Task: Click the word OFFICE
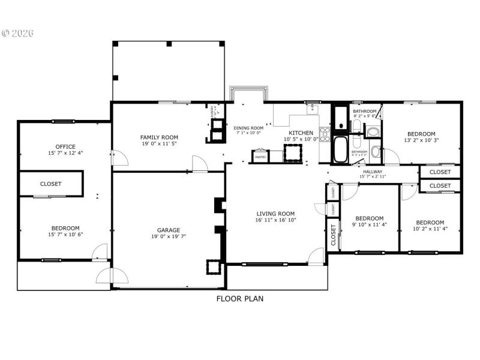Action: pos(65,146)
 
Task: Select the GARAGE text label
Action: pos(169,230)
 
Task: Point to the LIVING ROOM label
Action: pos(275,214)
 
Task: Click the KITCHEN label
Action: pos(301,133)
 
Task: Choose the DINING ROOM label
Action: pos(248,128)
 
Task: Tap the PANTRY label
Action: pos(260,157)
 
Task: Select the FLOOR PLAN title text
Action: pos(239,298)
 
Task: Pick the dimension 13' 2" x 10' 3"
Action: pos(421,141)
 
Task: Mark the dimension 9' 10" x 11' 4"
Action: pos(369,226)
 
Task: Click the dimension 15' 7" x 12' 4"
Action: pos(65,153)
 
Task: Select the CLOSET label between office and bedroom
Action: pos(50,184)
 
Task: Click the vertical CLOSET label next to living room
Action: pos(333,236)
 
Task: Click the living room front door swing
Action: pos(314,256)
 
